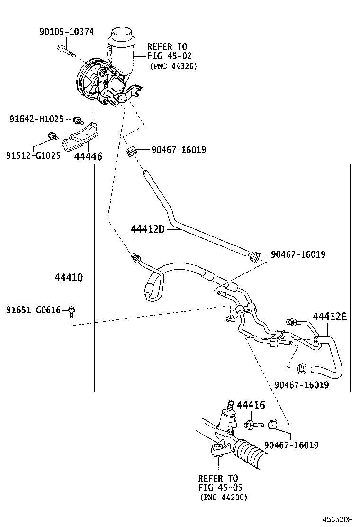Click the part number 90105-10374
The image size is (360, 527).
pyautogui.click(x=66, y=32)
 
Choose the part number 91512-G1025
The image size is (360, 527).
pyautogui.click(x=33, y=155)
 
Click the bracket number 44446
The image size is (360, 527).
pyautogui.click(x=88, y=156)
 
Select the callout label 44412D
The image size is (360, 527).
pyautogui.click(x=147, y=229)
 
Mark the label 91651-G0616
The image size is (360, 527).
pyautogui.click(x=33, y=310)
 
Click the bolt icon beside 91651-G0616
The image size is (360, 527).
pyautogui.click(x=72, y=311)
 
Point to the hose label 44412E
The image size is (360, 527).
pyautogui.click(x=329, y=317)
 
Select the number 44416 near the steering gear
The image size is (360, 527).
pyautogui.click(x=251, y=405)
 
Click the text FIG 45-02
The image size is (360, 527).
pyautogui.click(x=170, y=56)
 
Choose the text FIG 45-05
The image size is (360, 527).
pyautogui.click(x=220, y=487)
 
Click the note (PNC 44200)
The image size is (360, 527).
pyautogui.click(x=224, y=497)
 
